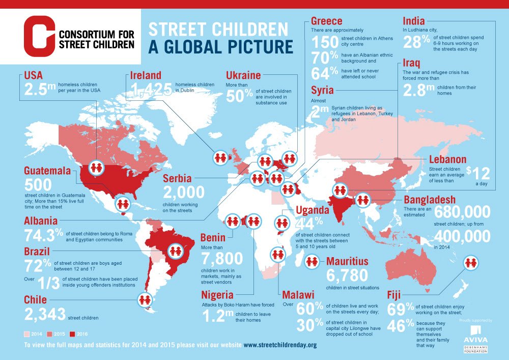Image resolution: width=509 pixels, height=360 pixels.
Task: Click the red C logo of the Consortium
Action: pos(39,36)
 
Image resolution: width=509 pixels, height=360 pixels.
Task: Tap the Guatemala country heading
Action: pos(46,171)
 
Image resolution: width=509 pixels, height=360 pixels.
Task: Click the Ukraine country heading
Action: pos(243,76)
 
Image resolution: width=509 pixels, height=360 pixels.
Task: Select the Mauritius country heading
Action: pos(347,262)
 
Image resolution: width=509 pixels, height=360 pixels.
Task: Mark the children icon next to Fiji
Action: pos(470,263)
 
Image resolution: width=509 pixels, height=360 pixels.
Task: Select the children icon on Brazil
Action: pos(176,251)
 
